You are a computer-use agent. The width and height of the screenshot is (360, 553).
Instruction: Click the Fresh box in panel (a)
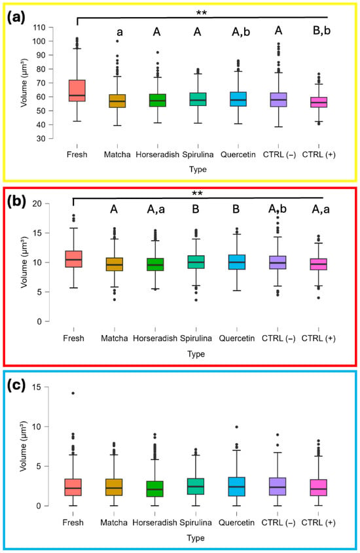coord(77,90)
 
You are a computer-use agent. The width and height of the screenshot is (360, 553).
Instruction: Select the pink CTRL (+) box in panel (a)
coord(319,102)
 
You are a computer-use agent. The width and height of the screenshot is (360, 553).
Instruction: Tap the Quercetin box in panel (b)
coord(236,262)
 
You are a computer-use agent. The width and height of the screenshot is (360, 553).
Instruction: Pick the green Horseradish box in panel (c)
coord(154,489)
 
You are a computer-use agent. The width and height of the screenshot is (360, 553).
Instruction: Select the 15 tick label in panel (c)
coord(37,387)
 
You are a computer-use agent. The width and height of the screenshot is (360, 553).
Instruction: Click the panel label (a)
coord(16,17)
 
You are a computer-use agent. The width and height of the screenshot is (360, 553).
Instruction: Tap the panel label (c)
coord(16,385)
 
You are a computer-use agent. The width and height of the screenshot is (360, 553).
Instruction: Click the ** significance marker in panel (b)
coord(197,193)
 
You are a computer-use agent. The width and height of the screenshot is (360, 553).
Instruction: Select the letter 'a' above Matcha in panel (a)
coord(120,33)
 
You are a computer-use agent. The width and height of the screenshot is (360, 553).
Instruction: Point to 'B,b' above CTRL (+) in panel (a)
coord(321,31)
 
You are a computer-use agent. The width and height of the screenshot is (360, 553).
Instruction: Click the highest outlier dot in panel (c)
coord(73,393)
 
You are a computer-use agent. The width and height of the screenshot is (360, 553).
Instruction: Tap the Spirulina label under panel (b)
coord(196,338)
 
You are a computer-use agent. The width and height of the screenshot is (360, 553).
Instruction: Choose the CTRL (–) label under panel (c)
coord(278,523)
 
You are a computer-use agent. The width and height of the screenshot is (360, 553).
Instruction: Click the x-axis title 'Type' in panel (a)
coord(198,169)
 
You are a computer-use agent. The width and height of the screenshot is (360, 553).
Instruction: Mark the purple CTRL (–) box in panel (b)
coord(278,262)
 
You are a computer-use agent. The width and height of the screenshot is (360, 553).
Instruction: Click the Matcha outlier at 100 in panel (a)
coord(117,41)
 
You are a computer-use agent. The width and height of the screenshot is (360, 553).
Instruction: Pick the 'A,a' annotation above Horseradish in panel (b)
coord(156,209)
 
